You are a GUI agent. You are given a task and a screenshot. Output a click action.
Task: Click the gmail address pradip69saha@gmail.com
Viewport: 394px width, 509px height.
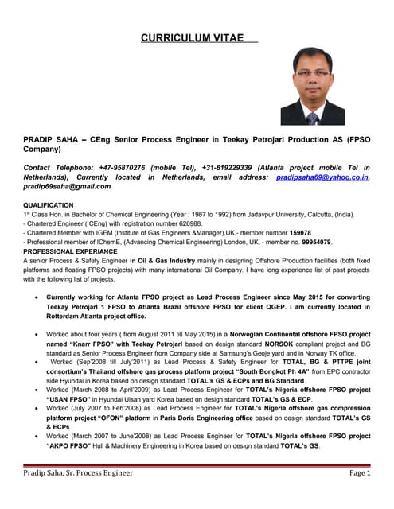(67, 187)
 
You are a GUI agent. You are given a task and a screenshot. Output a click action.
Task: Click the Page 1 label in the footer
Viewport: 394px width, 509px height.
(358, 475)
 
